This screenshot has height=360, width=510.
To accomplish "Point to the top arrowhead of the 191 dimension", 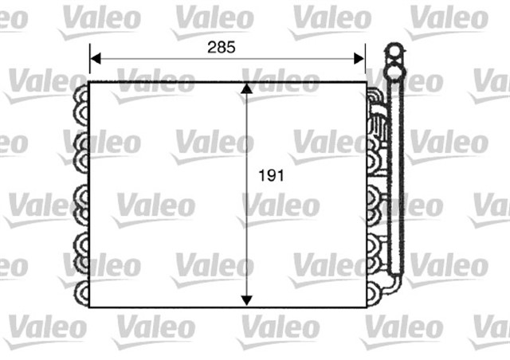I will (x=247, y=88).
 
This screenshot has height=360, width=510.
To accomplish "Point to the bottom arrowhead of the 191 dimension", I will (x=247, y=299).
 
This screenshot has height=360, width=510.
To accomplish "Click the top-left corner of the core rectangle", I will (x=88, y=82).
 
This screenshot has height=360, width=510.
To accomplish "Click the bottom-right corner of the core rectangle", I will (x=366, y=307).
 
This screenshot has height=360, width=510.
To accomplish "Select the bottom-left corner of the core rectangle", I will (x=88, y=307).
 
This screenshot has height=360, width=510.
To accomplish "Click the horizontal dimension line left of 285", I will (x=151, y=58).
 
